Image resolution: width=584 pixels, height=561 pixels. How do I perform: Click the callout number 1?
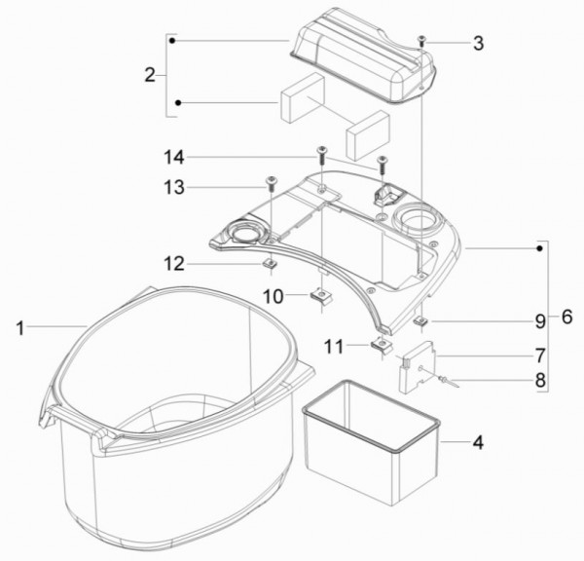(x=20, y=329)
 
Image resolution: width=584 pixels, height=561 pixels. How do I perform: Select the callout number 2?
(x=150, y=75)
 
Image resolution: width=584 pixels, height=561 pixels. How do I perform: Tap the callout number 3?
(x=479, y=43)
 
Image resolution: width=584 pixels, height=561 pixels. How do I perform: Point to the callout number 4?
(x=478, y=443)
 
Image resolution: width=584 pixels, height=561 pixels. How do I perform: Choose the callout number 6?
(x=566, y=317)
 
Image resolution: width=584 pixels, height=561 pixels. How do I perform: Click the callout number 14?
(x=174, y=158)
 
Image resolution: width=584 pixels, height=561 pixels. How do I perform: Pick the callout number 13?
(x=174, y=187)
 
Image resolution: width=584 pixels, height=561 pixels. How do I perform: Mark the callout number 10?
(x=274, y=297)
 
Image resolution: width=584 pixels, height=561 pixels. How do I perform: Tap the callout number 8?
(x=540, y=381)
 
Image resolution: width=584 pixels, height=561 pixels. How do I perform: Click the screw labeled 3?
(x=422, y=41)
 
